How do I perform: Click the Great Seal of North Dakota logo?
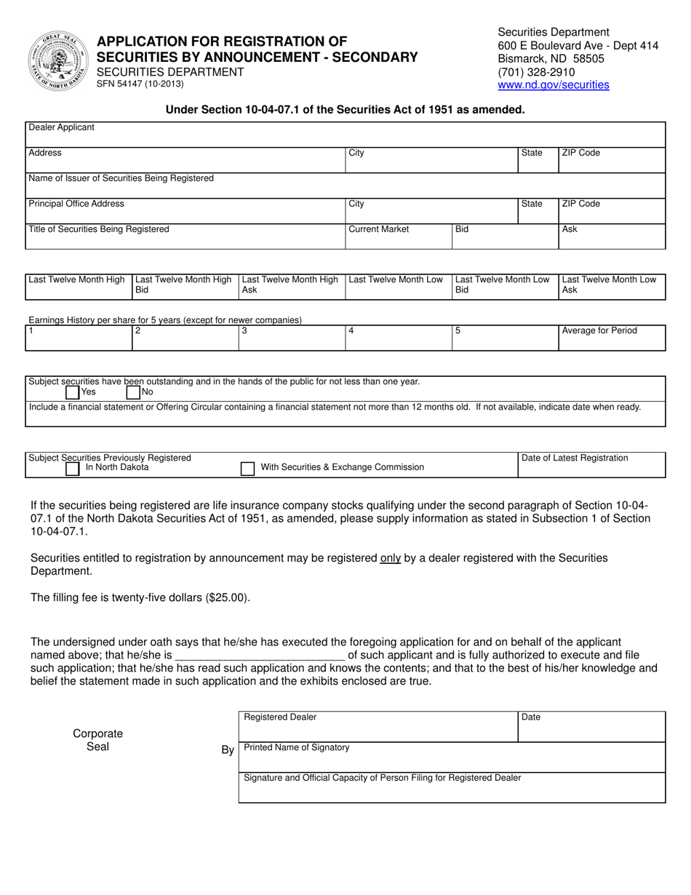(57, 61)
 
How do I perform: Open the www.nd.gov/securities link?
(553, 85)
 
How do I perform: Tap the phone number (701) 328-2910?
(535, 72)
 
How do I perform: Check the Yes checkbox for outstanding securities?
(73, 392)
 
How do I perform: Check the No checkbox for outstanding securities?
(133, 392)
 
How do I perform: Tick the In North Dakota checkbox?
(73, 469)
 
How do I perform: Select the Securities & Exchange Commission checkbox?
(247, 469)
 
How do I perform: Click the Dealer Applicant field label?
(61, 127)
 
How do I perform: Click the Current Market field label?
(378, 229)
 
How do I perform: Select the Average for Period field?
(611, 338)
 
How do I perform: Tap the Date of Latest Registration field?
(591, 466)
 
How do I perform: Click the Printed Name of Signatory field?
(451, 757)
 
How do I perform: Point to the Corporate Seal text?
(97, 740)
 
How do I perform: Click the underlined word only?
(391, 558)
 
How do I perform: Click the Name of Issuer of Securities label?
(121, 178)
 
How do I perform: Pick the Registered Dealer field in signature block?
(378, 726)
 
